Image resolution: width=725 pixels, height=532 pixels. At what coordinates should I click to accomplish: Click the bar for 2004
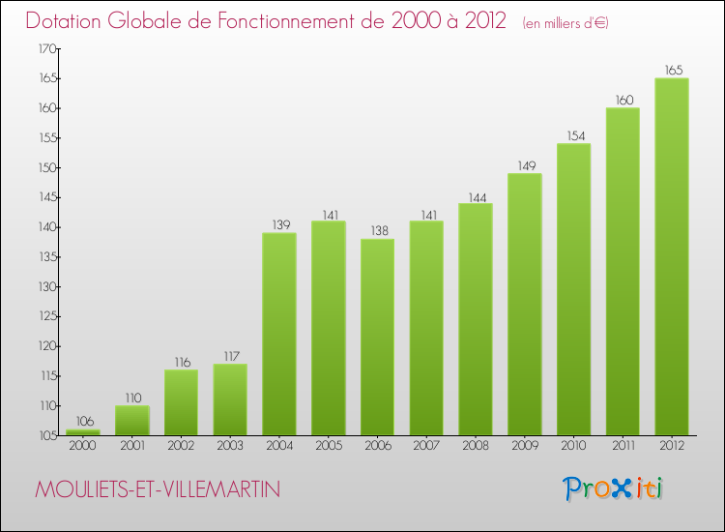(x=279, y=334)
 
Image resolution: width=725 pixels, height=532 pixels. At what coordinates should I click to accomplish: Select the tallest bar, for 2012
(x=672, y=256)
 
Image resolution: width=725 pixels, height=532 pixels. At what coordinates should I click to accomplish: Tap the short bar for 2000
(x=83, y=432)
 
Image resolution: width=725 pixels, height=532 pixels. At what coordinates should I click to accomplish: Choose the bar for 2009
(x=524, y=304)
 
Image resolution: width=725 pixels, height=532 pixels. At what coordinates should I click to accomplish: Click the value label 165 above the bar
(x=672, y=70)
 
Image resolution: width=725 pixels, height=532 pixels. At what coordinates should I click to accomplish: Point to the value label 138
(x=377, y=231)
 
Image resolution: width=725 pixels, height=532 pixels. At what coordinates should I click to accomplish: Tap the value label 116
(x=182, y=362)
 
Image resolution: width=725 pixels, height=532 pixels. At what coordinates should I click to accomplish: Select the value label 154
(x=573, y=135)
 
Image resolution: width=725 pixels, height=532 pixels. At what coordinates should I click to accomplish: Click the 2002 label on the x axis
(x=182, y=446)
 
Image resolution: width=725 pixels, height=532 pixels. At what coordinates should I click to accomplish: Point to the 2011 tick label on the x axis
(x=623, y=446)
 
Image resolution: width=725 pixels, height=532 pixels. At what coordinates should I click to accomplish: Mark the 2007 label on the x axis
(x=426, y=446)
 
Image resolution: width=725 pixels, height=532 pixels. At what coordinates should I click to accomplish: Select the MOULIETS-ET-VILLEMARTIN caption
(x=158, y=490)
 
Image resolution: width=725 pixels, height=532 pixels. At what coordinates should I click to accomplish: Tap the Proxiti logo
(x=614, y=488)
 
